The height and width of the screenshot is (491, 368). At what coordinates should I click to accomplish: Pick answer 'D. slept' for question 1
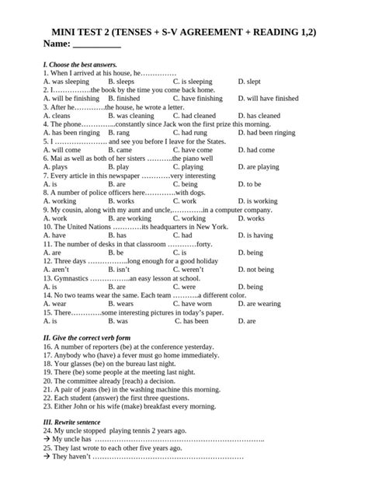pos(248,81)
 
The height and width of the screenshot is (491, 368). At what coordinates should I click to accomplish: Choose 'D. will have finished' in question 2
pos(267,99)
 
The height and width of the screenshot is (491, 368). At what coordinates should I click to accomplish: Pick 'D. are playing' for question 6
pos(258,166)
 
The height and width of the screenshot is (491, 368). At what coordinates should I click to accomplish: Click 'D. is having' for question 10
pos(255,235)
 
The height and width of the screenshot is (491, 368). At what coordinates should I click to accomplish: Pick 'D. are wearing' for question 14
pos(259,303)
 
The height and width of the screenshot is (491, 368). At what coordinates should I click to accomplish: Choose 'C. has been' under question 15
pos(191,320)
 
